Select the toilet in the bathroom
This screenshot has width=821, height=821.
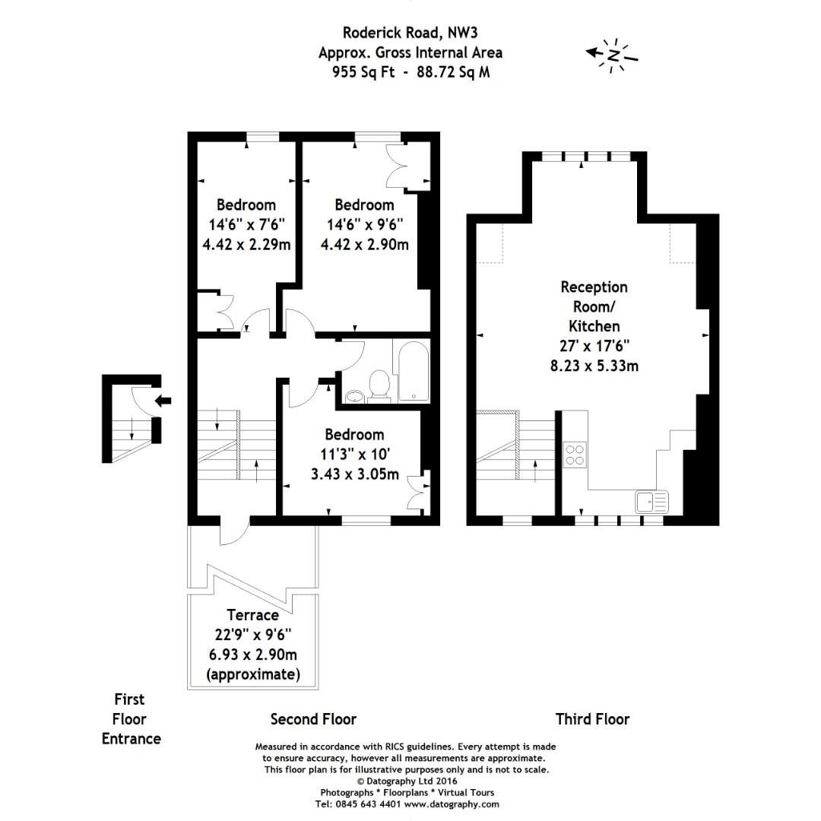click(378, 384)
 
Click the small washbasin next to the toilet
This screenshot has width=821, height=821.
click(353, 395)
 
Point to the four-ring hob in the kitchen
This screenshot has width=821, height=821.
click(575, 454)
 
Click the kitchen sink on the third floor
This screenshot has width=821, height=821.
click(651, 502)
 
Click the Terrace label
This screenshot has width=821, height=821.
click(252, 615)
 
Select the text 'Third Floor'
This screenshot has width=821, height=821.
click(592, 719)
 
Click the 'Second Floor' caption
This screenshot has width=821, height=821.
click(313, 719)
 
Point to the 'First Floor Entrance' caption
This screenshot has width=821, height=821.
click(131, 718)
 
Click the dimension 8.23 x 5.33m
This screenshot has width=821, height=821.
click(594, 366)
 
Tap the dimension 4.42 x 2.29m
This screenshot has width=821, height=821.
click(246, 244)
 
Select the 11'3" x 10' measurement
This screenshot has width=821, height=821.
click(354, 455)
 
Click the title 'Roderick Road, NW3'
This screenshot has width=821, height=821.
click(410, 32)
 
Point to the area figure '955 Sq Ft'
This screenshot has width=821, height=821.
click(363, 73)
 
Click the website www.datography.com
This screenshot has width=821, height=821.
click(452, 804)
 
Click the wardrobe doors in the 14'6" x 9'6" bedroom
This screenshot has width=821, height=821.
click(399, 165)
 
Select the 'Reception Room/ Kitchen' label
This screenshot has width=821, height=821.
click(594, 306)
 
